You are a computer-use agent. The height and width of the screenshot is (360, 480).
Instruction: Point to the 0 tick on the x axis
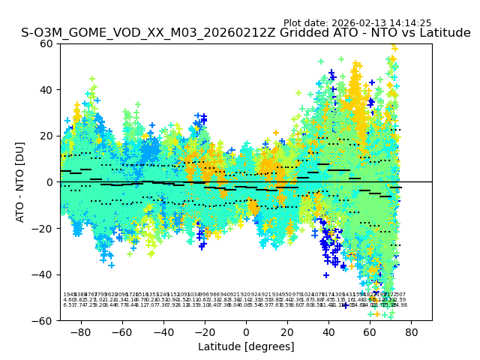[x=246, y=331]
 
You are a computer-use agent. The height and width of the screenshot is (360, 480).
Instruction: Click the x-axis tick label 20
[x=287, y=331]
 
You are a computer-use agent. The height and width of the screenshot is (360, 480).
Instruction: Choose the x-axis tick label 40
[x=328, y=331]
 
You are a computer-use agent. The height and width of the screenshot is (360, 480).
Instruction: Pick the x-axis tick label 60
[x=370, y=331]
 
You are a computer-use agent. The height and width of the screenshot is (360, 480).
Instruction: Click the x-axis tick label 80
[x=411, y=331]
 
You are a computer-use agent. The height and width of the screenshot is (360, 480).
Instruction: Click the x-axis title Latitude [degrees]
[x=246, y=346]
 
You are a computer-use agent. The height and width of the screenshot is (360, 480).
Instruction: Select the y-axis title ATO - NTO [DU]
[x=20, y=181]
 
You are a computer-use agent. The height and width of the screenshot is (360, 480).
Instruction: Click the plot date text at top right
[x=357, y=23]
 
